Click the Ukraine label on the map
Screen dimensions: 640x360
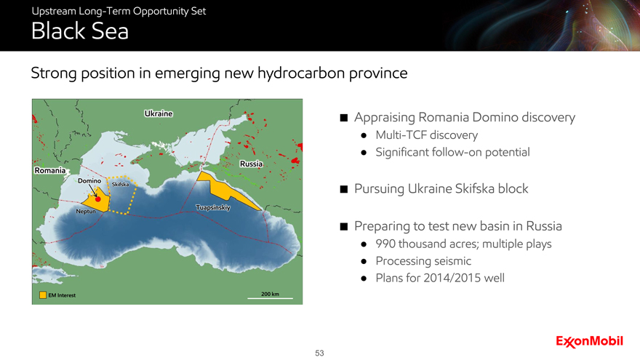pyautogui.click(x=159, y=113)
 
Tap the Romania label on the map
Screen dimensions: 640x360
pyautogui.click(x=49, y=170)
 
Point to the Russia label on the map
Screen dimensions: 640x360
pyautogui.click(x=251, y=164)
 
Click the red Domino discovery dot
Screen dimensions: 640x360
pyautogui.click(x=98, y=199)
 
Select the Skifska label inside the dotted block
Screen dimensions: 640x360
pyautogui.click(x=121, y=185)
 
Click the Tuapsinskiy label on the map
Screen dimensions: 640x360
pyautogui.click(x=213, y=207)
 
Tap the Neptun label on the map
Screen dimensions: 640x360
pyautogui.click(x=86, y=211)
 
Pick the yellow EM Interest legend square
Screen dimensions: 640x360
pyautogui.click(x=43, y=295)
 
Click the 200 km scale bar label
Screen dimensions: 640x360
pyautogui.click(x=271, y=294)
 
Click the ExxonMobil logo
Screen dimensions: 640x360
pyautogui.click(x=589, y=341)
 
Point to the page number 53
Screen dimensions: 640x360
pyautogui.click(x=319, y=353)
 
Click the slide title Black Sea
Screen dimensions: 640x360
pyautogui.click(x=80, y=31)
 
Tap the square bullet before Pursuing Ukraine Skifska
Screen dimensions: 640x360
pyautogui.click(x=344, y=189)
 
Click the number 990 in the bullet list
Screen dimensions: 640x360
pyautogui.click(x=385, y=244)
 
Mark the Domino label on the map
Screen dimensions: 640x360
pyautogui.click(x=89, y=180)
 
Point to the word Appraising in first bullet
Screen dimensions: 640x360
pyautogui.click(x=385, y=118)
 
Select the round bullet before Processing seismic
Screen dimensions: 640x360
pyautogui.click(x=364, y=262)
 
